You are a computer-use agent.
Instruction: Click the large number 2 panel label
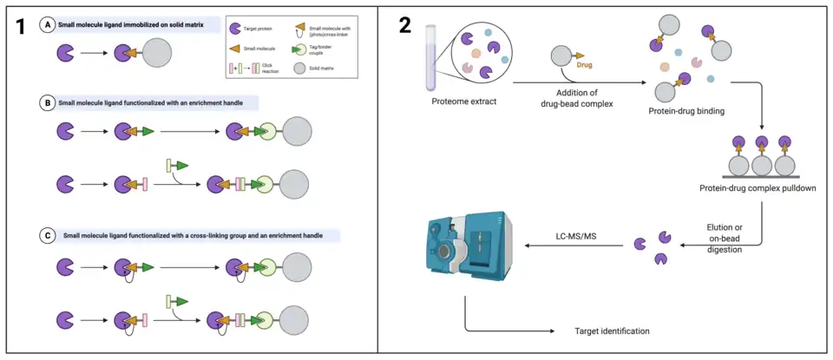click(405, 25)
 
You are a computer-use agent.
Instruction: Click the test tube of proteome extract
click(431, 57)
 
